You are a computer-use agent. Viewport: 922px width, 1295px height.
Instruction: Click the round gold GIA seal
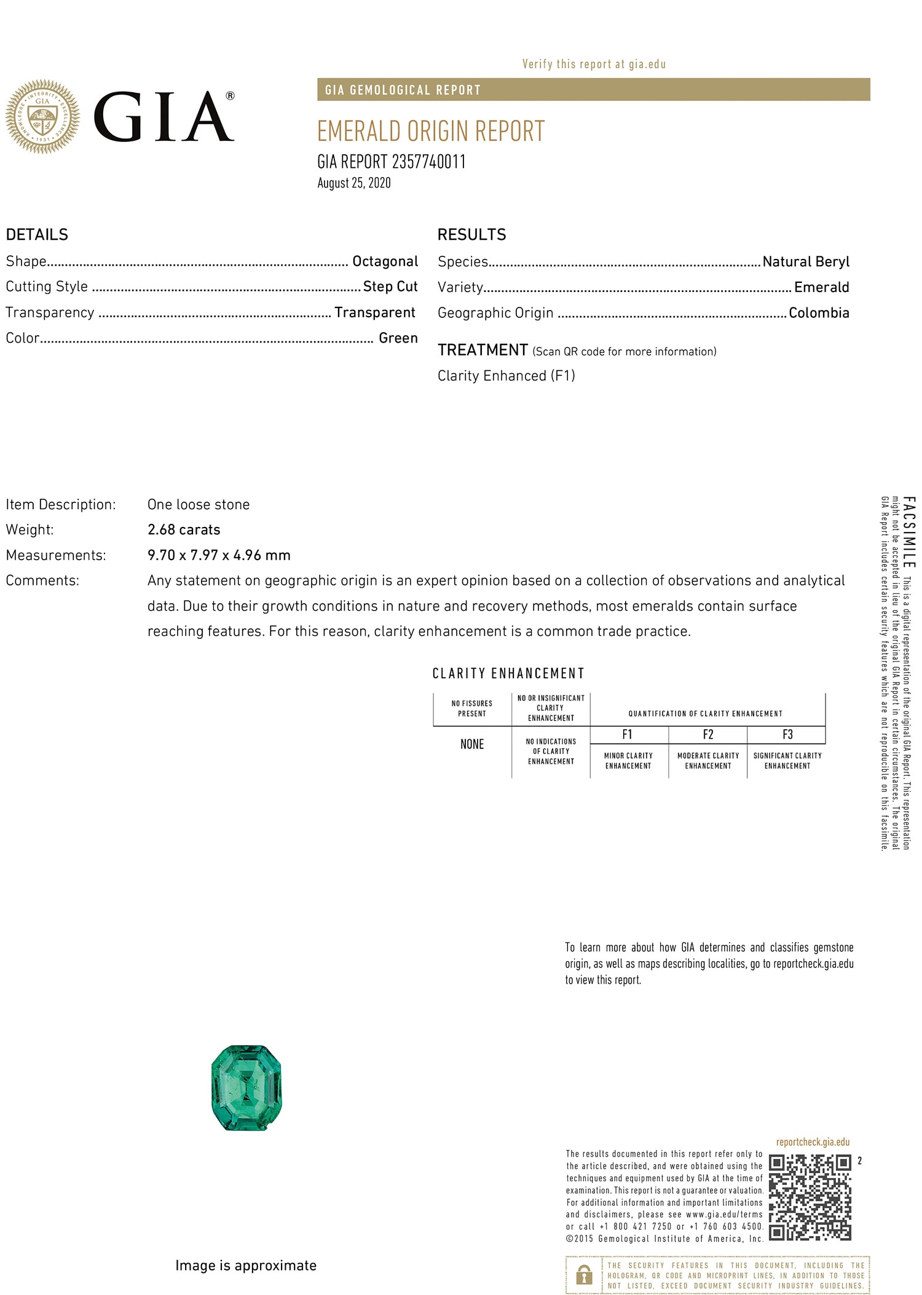coord(42,116)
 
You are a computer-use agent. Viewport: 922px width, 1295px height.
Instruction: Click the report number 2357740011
coord(428,162)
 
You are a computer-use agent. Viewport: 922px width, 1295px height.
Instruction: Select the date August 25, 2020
coord(354,183)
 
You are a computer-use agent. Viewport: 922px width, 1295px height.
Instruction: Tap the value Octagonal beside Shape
coord(385,261)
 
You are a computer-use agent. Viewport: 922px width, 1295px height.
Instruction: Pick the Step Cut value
coord(390,287)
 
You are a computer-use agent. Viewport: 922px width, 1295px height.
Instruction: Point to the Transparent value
coord(375,312)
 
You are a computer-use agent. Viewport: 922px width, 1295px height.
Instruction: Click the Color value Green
coord(398,338)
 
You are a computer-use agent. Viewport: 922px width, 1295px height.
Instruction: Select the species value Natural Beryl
coord(806,262)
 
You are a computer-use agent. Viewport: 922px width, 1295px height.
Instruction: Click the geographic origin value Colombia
coord(819,313)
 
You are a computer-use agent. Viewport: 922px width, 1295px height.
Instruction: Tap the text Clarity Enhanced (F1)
coord(506,376)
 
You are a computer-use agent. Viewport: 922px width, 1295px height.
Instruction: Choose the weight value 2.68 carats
coord(184,529)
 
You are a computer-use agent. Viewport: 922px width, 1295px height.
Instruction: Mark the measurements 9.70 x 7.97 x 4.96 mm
coord(219,555)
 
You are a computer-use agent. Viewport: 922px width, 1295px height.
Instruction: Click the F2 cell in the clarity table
coord(708,735)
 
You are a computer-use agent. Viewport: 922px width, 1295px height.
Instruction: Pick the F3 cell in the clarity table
coord(787,735)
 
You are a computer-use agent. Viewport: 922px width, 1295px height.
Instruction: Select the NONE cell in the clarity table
coord(472,745)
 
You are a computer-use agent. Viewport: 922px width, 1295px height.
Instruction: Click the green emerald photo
coord(246,1088)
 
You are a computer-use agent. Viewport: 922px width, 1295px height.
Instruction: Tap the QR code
coord(810,1197)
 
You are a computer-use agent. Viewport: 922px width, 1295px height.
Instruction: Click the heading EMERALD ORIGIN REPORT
coord(431,132)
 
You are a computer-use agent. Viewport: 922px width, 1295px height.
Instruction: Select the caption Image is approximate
coord(246,1265)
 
